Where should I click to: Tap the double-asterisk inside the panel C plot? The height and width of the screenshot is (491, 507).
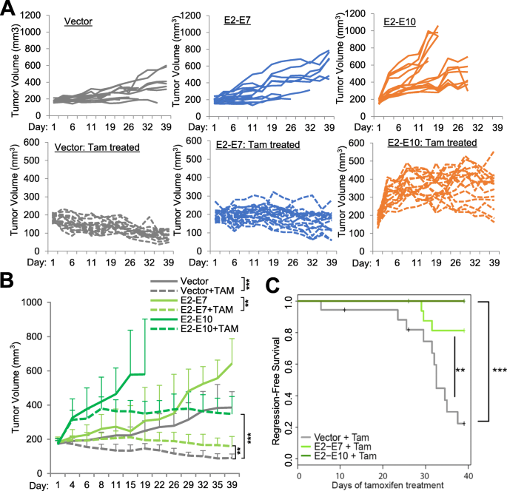(459, 370)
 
